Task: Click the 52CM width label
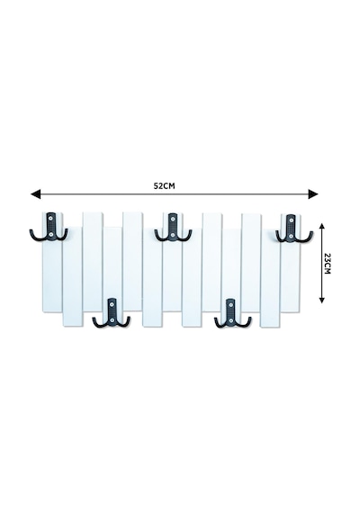165,185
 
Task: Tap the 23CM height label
327,264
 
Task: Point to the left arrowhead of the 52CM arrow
35,194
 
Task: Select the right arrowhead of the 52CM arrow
313,194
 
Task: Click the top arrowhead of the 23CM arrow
321,227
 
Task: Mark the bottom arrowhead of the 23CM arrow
321,300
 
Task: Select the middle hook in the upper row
173,227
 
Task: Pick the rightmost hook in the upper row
294,229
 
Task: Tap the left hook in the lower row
112,313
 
